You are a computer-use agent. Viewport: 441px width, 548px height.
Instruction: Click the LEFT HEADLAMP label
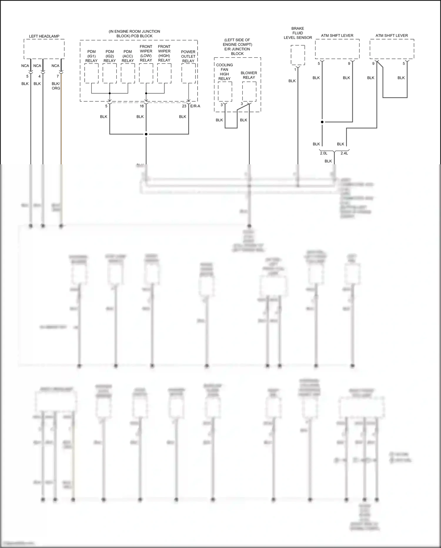click(x=44, y=36)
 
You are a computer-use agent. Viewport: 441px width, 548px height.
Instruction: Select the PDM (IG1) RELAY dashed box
click(x=91, y=73)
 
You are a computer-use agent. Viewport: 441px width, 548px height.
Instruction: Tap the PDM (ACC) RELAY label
click(x=128, y=56)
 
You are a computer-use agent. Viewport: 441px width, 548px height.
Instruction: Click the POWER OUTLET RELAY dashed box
click(x=188, y=73)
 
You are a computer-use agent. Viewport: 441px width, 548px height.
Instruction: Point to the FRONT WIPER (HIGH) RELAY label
click(x=164, y=53)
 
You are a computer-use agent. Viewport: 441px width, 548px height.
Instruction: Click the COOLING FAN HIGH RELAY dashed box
click(x=225, y=92)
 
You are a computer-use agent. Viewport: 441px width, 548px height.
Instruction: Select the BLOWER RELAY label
click(x=249, y=75)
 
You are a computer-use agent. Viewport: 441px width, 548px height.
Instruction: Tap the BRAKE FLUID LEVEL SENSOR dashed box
click(x=298, y=55)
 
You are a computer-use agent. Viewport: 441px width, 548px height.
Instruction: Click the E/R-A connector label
click(x=195, y=106)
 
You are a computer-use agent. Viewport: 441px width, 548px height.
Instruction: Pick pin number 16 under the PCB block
click(x=142, y=106)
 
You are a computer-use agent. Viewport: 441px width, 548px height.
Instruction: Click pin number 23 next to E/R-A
click(x=184, y=106)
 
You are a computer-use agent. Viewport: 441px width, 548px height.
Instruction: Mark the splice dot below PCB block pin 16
click(x=146, y=134)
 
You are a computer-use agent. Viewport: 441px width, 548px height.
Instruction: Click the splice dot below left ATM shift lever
click(x=322, y=122)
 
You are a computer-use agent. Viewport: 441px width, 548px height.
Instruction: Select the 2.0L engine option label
click(x=323, y=153)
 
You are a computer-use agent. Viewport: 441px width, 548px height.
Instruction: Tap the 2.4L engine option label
click(x=344, y=153)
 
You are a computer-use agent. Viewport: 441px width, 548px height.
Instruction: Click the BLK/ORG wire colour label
click(x=56, y=86)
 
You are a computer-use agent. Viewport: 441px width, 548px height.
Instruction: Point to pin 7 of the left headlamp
click(x=58, y=76)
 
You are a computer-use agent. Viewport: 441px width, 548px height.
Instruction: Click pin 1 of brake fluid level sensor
click(x=295, y=70)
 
